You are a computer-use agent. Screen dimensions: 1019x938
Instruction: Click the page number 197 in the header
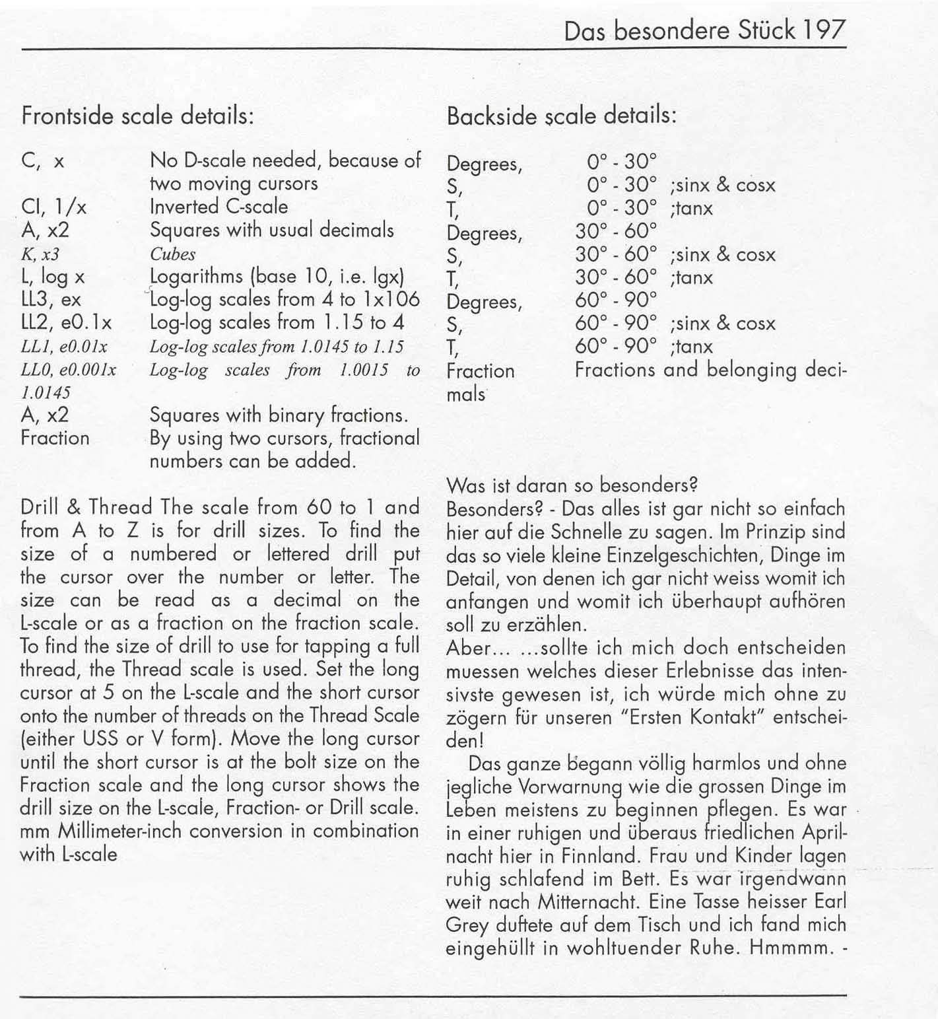(x=824, y=31)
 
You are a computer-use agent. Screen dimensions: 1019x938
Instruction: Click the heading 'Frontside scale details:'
(x=137, y=116)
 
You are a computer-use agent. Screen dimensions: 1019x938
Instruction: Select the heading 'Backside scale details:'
(x=562, y=116)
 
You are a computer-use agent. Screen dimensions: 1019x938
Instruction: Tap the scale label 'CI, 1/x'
(x=54, y=207)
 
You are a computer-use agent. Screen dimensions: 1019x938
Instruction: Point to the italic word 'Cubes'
(x=172, y=254)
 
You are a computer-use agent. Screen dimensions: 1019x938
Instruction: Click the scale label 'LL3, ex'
(x=51, y=300)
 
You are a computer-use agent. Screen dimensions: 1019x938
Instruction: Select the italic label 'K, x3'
(x=40, y=254)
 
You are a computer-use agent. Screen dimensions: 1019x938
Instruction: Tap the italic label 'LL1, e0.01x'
(x=64, y=347)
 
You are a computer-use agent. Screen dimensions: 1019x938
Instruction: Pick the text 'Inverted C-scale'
(x=218, y=207)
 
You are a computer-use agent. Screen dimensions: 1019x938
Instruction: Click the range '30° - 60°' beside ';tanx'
(x=616, y=277)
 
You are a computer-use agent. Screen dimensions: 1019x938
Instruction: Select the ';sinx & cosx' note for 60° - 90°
(x=722, y=324)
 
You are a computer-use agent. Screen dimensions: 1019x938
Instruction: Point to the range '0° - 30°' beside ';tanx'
(x=622, y=208)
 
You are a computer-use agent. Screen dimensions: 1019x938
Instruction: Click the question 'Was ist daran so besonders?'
(x=572, y=485)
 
